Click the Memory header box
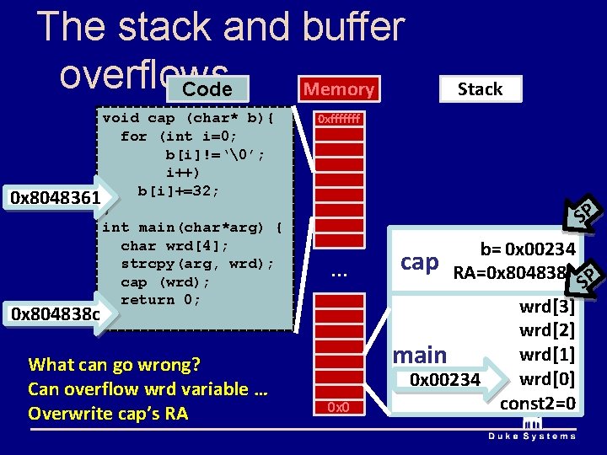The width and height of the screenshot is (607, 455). (338, 89)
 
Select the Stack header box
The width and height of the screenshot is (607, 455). (480, 89)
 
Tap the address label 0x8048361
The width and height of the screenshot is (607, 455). (51, 198)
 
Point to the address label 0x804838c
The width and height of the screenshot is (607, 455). (51, 313)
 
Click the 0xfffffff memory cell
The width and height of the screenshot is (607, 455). (338, 120)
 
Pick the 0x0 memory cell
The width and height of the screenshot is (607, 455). (338, 408)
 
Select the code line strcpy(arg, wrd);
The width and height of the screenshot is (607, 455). (197, 264)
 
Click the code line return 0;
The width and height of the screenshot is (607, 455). (161, 300)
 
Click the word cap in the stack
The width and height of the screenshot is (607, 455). (420, 262)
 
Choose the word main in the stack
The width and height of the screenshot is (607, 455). (420, 355)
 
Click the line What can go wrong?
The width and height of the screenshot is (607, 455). (114, 365)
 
